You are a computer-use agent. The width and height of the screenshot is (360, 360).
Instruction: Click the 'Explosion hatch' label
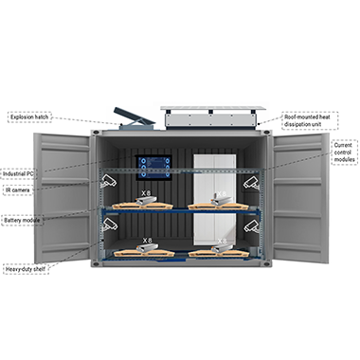[29, 117]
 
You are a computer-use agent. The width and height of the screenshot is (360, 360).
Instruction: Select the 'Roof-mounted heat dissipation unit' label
[307, 120]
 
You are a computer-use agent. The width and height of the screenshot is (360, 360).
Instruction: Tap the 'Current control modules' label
[344, 153]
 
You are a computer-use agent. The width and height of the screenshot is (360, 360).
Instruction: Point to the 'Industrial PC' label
[18, 173]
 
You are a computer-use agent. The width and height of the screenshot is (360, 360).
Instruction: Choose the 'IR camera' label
[18, 190]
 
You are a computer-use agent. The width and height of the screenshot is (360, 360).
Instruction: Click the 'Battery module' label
[22, 220]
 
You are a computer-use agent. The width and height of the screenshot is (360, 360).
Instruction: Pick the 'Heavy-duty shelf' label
[26, 269]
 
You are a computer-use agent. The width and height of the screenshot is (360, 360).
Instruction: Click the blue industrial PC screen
[153, 168]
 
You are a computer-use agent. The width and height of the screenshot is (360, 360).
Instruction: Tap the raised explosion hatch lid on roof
[135, 117]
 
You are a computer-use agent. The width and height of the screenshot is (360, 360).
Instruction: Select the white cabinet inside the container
[215, 199]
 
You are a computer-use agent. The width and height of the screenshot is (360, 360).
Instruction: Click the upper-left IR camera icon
[108, 181]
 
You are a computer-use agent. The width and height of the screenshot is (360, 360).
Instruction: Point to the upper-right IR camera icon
[251, 183]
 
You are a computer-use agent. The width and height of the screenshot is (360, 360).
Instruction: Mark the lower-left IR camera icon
[109, 225]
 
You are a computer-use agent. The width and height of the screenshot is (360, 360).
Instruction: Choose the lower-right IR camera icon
[251, 226]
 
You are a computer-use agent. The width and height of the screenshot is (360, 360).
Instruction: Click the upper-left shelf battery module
[146, 201]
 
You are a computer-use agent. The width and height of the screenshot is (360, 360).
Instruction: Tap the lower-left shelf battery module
[147, 247]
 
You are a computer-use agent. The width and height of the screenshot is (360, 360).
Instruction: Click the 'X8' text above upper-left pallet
[146, 193]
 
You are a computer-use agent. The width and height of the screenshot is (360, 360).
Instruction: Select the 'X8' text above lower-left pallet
[148, 241]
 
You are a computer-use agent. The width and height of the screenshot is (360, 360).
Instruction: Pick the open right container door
[299, 198]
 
